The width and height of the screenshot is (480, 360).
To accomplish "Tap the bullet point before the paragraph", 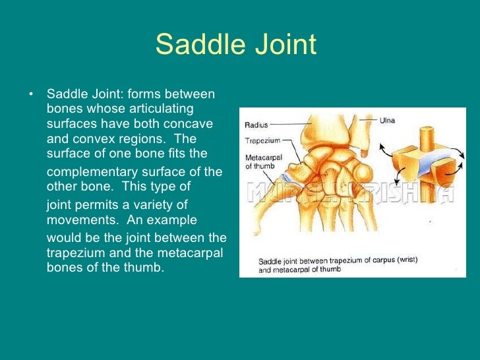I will [30, 93].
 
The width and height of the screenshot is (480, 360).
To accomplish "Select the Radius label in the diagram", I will [256, 124].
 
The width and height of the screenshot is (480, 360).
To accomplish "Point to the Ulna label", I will [388, 120].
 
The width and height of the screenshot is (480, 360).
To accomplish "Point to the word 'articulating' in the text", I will [160, 108].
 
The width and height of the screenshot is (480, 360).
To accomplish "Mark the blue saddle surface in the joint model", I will [430, 158].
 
